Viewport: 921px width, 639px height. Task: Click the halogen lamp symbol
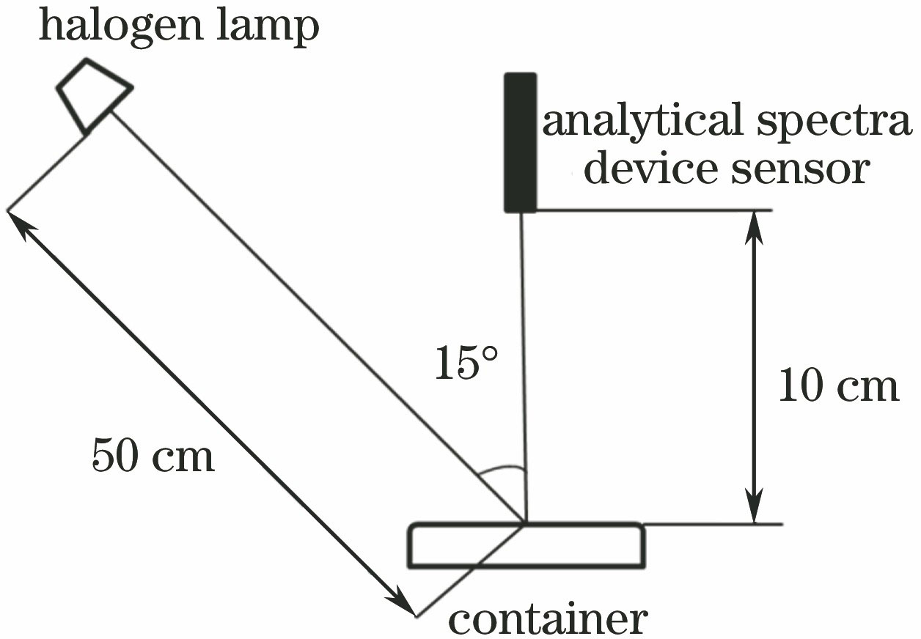point(95,95)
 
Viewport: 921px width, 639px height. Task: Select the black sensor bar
point(520,142)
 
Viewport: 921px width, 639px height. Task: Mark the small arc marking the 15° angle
point(501,470)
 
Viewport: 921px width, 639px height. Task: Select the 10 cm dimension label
point(837,386)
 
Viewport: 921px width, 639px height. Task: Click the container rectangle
point(526,546)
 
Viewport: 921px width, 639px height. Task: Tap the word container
point(548,619)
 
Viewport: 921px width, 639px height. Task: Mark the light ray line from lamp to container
point(315,315)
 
